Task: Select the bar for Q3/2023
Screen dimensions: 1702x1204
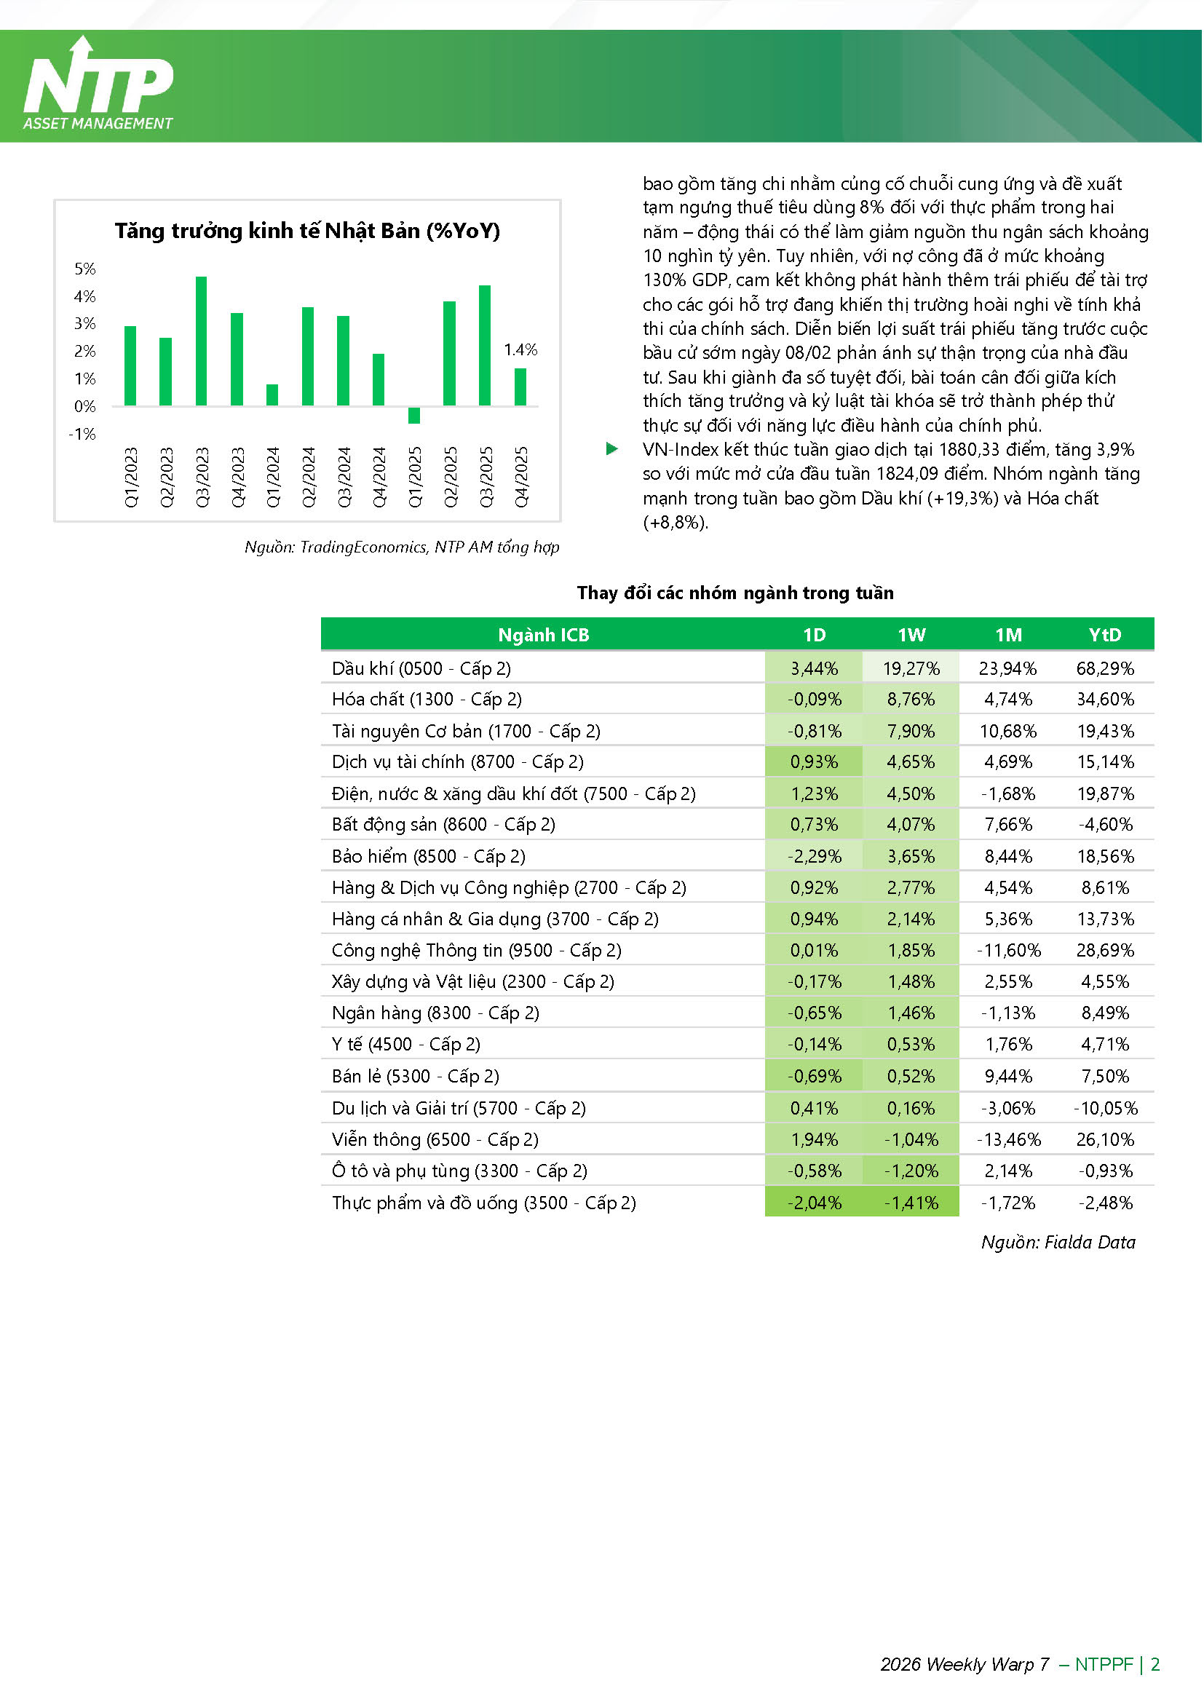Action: [201, 341]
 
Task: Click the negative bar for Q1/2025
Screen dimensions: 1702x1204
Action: [413, 415]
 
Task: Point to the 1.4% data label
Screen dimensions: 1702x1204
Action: [520, 349]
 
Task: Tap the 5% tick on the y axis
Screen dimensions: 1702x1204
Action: [85, 269]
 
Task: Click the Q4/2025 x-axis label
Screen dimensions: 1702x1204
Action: [521, 477]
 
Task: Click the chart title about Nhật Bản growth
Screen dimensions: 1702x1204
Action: [307, 231]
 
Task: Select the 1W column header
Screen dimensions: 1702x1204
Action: [911, 636]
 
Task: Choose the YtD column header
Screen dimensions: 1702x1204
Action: [1105, 636]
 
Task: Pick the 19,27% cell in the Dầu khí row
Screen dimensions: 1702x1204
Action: [911, 668]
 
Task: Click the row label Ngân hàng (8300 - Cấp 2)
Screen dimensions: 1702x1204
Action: [435, 1013]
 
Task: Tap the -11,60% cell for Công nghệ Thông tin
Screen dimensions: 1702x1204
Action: [1008, 950]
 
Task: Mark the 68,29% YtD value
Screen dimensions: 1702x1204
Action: [1105, 668]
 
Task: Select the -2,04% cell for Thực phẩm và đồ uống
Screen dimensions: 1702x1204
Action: [815, 1203]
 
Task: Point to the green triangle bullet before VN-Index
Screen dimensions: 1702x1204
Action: [611, 449]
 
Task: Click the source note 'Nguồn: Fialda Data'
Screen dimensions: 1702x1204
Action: [1058, 1243]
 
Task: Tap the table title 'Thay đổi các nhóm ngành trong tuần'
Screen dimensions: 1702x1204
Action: [735, 593]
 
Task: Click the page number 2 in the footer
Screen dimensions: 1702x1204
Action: [1155, 1664]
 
